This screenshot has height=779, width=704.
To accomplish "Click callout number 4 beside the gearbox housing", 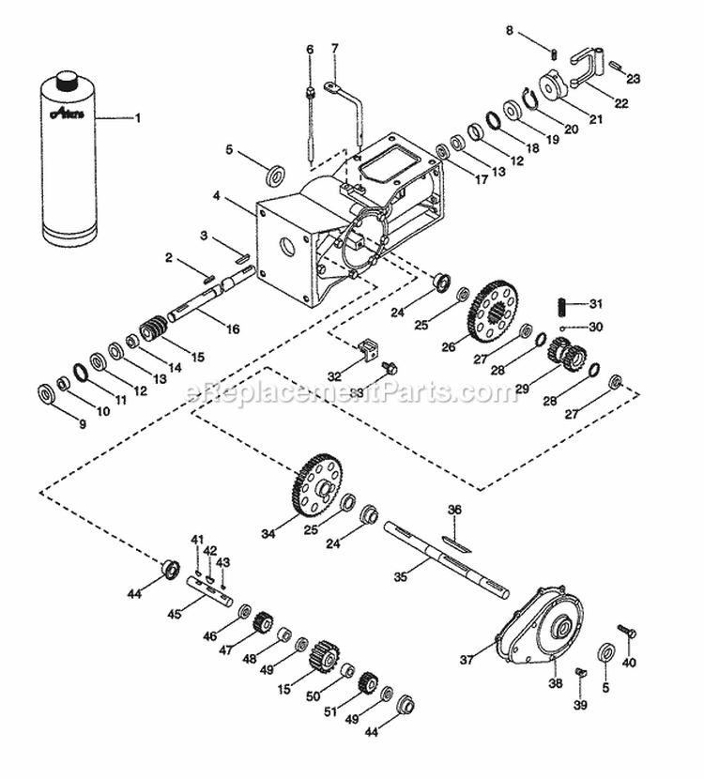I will coord(216,197).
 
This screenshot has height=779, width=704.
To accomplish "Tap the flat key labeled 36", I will coord(457,542).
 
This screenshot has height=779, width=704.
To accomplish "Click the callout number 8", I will coord(510,31).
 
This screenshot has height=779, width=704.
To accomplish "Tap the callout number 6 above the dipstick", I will coord(308,49).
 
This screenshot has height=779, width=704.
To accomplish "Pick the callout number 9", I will coord(82,425).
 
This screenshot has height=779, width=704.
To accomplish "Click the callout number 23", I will coord(634,80).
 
